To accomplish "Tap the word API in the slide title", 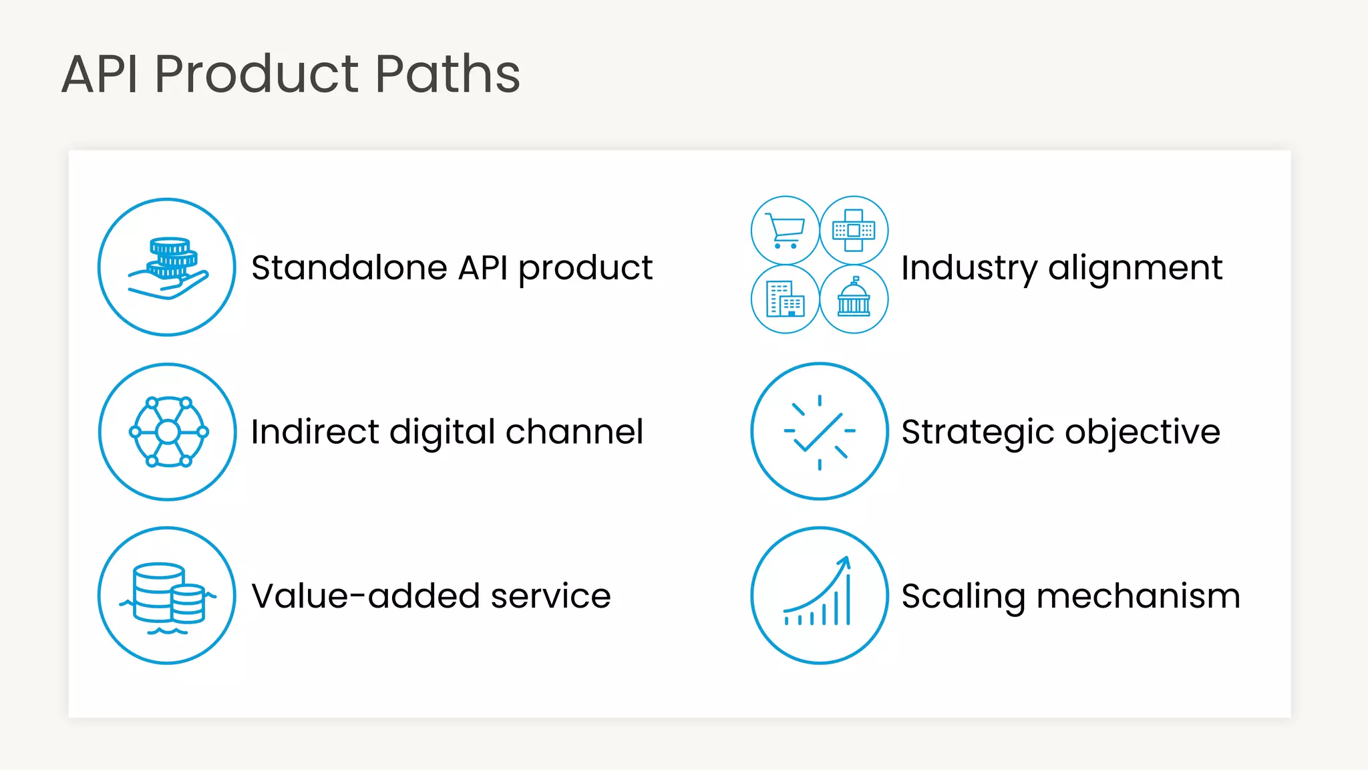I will [x=100, y=74].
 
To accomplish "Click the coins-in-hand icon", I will [x=167, y=267].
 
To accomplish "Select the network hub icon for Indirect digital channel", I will [x=168, y=432].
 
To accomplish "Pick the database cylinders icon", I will [x=167, y=595].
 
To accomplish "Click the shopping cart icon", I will [x=785, y=231].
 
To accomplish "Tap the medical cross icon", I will [x=854, y=231].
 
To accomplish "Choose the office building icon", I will [x=785, y=299].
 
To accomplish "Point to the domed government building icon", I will [x=854, y=299].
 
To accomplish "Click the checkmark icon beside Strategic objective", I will [x=820, y=431].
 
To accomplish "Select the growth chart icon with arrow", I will [x=820, y=595].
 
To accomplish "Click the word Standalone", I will [x=349, y=268].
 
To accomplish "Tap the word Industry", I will [x=969, y=268].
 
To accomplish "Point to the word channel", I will [x=574, y=432].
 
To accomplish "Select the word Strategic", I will [x=978, y=432].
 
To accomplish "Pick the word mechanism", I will [x=1138, y=596].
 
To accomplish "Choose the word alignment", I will [x=1135, y=268].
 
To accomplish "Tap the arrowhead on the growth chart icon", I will [x=846, y=561].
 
